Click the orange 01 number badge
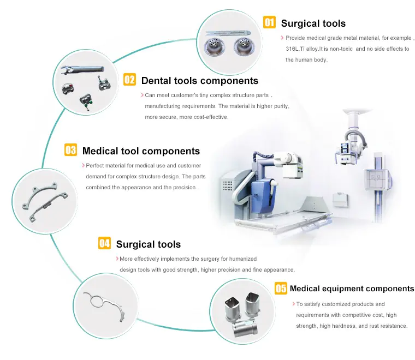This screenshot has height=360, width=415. [x=269, y=22]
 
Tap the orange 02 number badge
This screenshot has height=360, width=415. [x=130, y=79]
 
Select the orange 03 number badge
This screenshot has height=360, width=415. [x=70, y=149]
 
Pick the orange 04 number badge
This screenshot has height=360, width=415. [x=104, y=243]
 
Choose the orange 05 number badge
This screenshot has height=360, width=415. [x=281, y=288]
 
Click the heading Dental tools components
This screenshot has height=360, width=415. [x=199, y=81]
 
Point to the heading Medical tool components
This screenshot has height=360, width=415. [x=141, y=151]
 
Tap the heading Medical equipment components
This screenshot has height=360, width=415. [x=352, y=289]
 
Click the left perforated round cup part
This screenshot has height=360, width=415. [x=214, y=47]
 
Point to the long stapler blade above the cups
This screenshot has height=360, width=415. [x=228, y=34]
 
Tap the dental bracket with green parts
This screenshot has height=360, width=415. [x=86, y=100]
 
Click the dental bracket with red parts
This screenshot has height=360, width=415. [x=68, y=88]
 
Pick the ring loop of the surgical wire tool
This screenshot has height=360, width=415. [x=97, y=301]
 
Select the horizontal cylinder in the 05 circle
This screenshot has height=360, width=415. [x=245, y=328]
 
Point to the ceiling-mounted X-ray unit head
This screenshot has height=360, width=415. [x=349, y=152]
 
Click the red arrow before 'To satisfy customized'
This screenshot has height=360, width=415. [x=293, y=304]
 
